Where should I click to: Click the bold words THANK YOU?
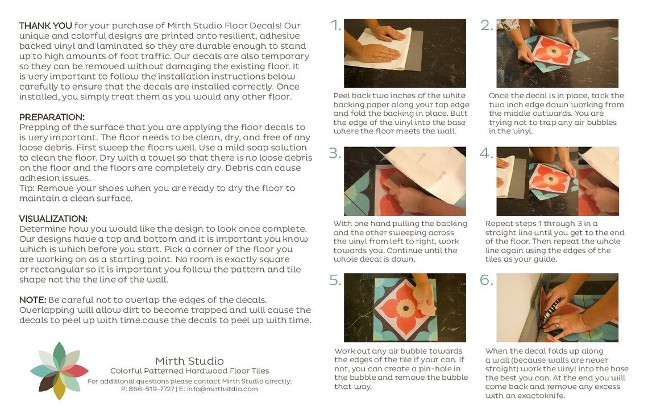(x=45, y=26)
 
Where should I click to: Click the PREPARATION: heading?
(x=52, y=117)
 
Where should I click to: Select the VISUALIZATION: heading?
(x=53, y=219)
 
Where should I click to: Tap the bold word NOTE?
(x=32, y=300)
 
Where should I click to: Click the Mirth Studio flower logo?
(x=59, y=371)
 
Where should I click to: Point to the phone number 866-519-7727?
(x=151, y=389)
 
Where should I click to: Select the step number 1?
(x=336, y=26)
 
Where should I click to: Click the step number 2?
(x=486, y=26)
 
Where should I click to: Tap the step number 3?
(x=335, y=153)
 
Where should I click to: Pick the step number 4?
(x=487, y=153)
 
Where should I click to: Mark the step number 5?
(x=335, y=280)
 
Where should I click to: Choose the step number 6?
(x=487, y=280)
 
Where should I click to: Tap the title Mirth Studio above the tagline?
(x=189, y=361)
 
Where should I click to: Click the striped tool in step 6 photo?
(x=550, y=309)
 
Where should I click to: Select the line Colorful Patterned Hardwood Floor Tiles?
(x=189, y=371)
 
